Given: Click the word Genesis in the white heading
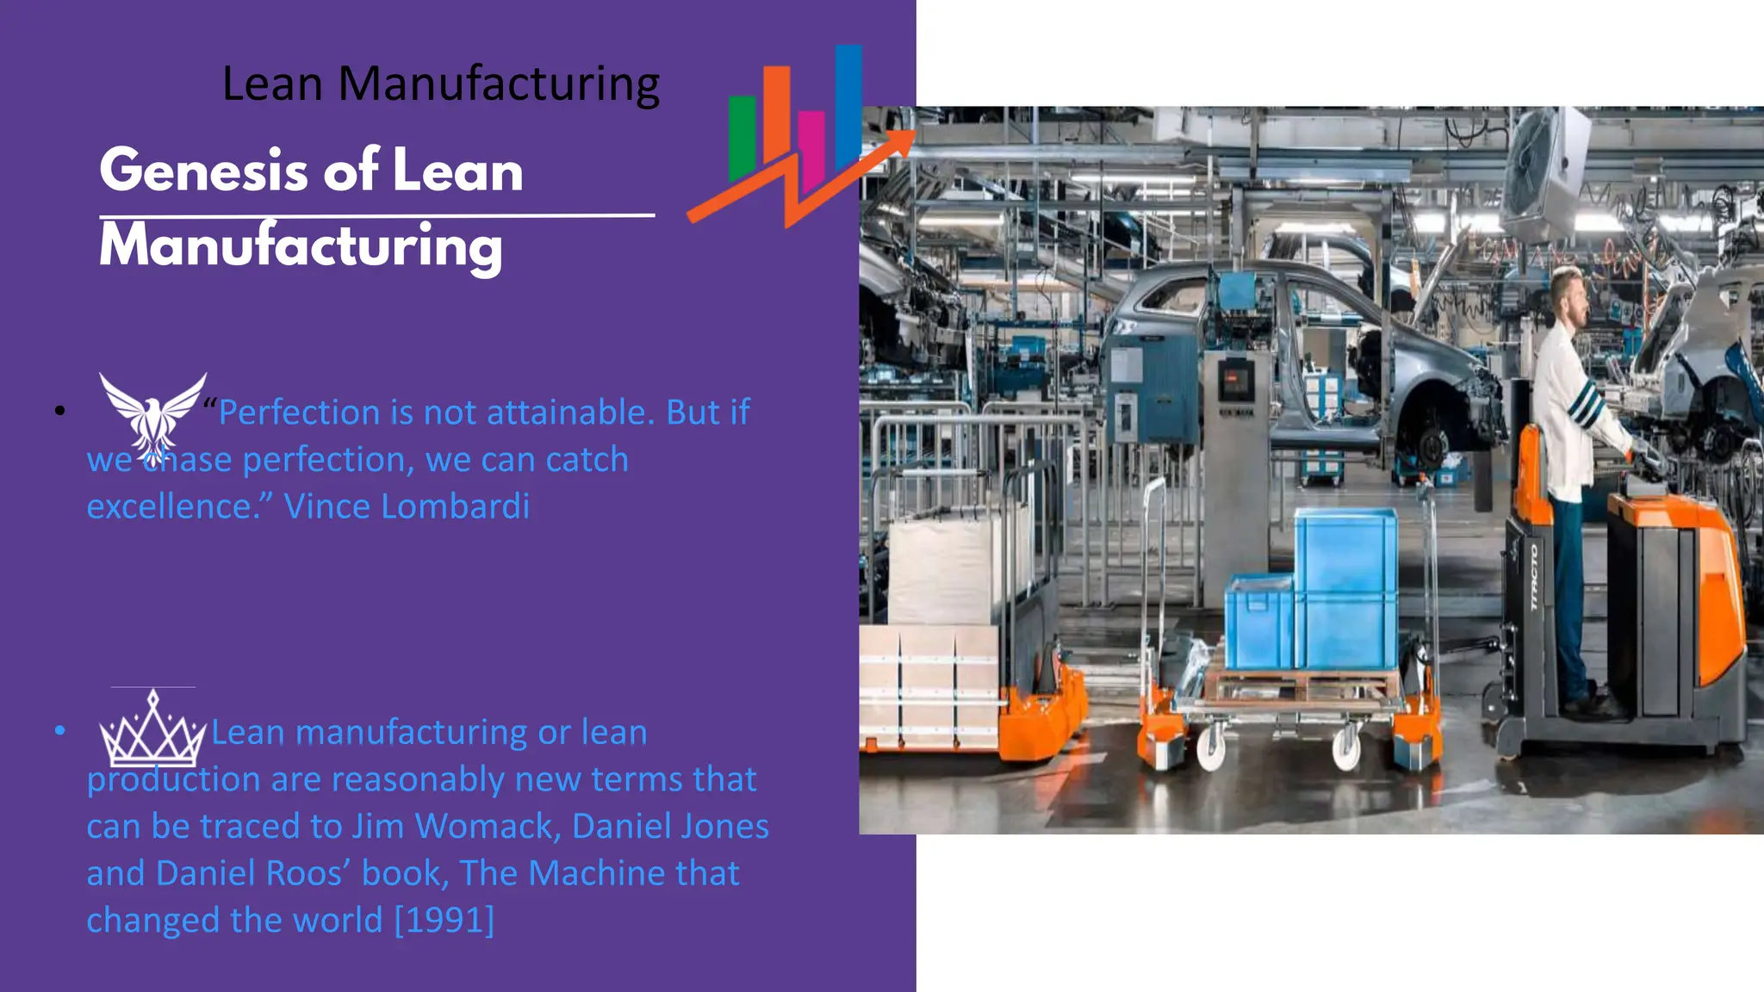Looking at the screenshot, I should (x=203, y=170).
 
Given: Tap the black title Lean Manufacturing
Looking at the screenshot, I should (x=441, y=84).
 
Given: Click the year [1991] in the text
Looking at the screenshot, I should (x=444, y=920).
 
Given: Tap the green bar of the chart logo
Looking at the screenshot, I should (x=742, y=138).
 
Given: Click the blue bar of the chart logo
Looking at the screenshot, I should (x=848, y=103).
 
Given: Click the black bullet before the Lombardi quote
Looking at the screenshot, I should (x=59, y=411).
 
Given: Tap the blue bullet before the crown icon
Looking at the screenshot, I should (x=59, y=731).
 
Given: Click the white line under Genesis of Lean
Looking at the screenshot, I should (x=377, y=215).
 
